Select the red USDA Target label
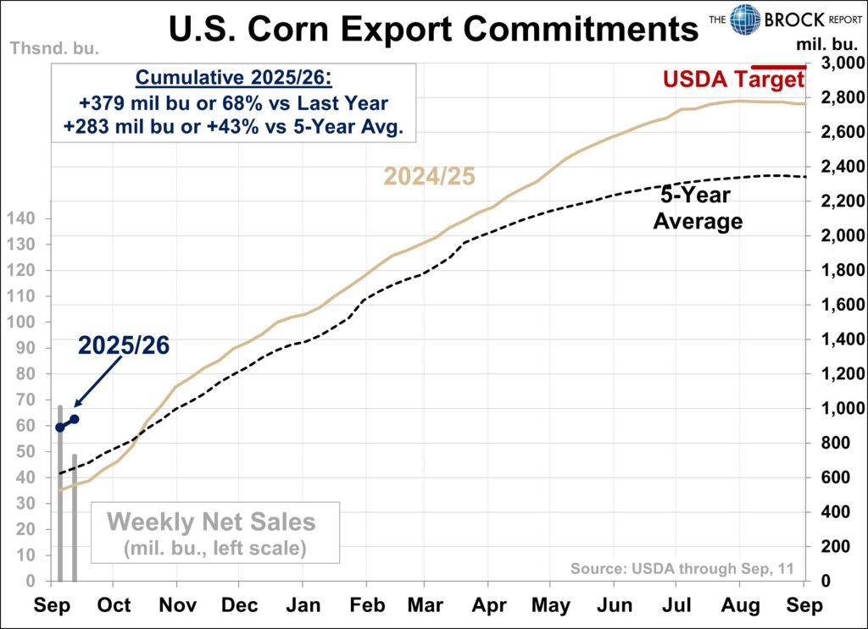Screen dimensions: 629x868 [733, 80]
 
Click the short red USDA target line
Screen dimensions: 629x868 [779, 66]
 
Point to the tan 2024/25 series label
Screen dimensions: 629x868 [429, 177]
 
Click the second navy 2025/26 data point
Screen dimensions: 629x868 [75, 419]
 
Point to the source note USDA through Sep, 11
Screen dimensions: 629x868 [682, 568]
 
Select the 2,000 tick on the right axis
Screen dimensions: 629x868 [836, 236]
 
